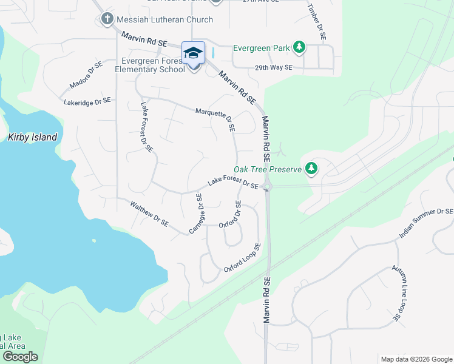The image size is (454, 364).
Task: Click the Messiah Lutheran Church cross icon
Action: (x=107, y=19)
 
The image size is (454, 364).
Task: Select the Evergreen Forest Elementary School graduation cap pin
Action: (x=194, y=54)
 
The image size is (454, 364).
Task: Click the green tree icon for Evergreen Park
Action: (x=299, y=47)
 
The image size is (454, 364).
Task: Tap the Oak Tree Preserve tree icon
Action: (x=311, y=168)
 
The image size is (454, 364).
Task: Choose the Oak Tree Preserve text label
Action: (x=268, y=169)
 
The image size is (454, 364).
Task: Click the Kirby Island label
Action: (x=33, y=137)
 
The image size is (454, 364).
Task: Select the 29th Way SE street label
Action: (x=274, y=68)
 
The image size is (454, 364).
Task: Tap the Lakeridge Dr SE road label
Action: (x=87, y=101)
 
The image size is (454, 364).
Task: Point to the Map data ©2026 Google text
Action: (x=416, y=359)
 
